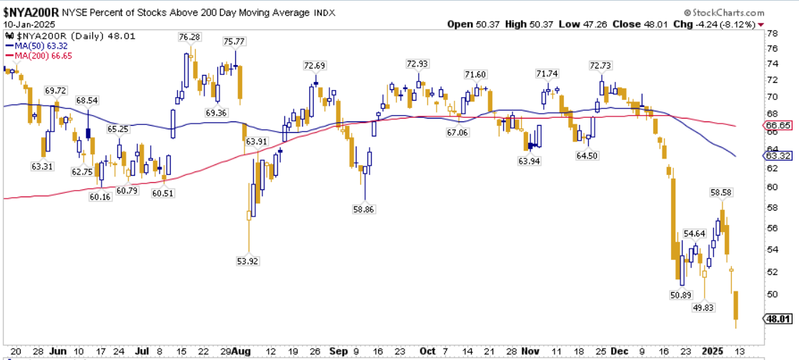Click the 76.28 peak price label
click(x=189, y=37)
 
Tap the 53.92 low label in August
click(x=247, y=261)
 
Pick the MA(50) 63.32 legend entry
click(x=39, y=46)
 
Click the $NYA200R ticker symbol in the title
click(x=31, y=11)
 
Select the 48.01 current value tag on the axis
click(x=777, y=319)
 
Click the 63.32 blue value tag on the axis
click(x=777, y=156)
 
